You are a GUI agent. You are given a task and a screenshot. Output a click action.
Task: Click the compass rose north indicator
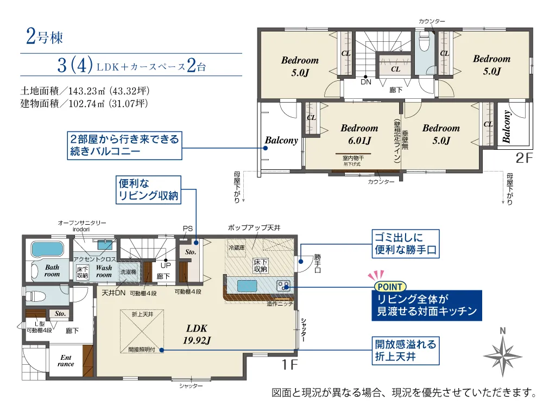[503, 352]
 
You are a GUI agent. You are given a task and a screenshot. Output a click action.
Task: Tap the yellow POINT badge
[390, 287]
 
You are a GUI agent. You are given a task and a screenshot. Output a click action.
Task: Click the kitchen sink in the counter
[247, 286]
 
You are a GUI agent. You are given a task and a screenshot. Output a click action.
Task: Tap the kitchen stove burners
[283, 286]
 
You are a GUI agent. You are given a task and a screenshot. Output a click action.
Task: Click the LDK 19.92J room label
[197, 334]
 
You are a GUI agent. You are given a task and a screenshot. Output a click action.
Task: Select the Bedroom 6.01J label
[359, 134]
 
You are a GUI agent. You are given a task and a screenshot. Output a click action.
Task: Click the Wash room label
[104, 271]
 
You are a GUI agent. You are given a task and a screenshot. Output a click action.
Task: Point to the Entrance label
[66, 360]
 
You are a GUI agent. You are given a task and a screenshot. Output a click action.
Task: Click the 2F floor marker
[523, 158]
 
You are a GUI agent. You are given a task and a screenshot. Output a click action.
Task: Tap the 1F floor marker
[289, 364]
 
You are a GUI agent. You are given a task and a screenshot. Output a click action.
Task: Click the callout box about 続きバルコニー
[124, 145]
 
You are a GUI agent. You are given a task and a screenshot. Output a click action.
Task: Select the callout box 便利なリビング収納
[148, 189]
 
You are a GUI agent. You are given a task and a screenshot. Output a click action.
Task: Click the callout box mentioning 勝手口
[406, 244]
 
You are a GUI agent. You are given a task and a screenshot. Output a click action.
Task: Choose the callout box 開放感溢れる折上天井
[406, 351]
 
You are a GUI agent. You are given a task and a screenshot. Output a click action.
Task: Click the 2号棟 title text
[45, 36]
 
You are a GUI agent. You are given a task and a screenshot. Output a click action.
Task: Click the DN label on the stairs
[366, 82]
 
